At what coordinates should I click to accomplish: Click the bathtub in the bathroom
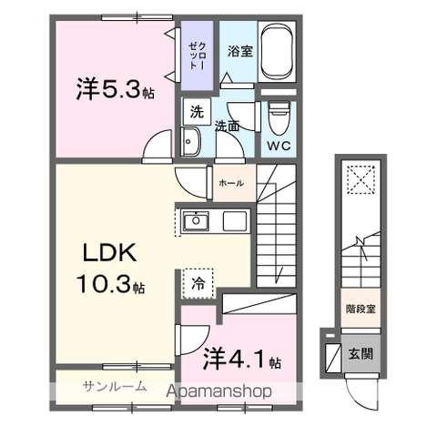[276, 51]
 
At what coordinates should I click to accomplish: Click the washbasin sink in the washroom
[191, 142]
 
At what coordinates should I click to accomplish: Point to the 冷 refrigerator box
[198, 283]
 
